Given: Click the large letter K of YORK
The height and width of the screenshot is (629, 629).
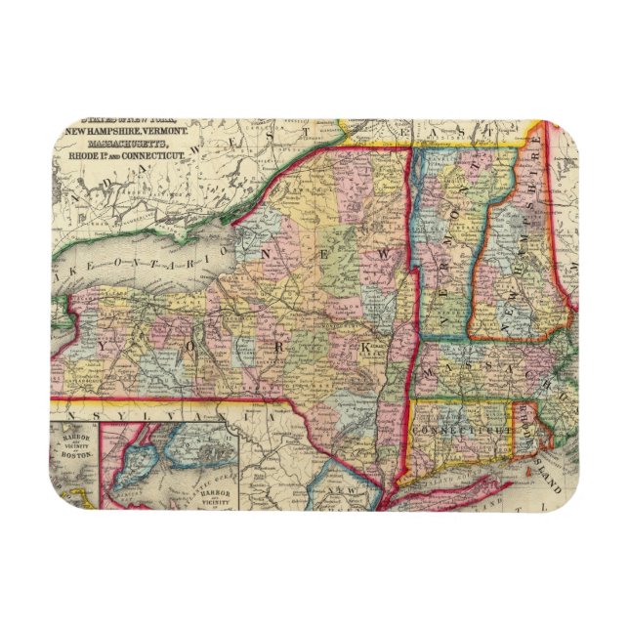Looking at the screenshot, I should [365, 347].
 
